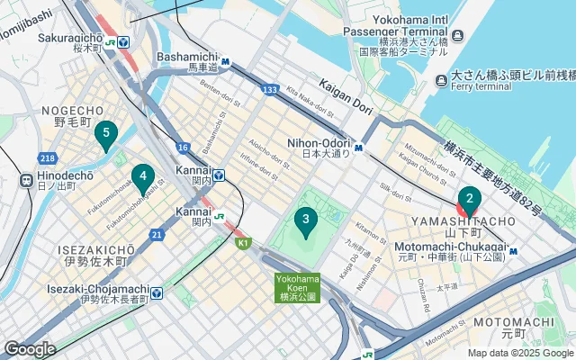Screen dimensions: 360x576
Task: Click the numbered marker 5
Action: coord(106,136)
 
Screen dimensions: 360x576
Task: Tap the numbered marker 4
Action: coord(141,176)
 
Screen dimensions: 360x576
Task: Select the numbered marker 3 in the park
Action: coord(306,219)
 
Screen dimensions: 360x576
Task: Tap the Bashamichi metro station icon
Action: coord(227,62)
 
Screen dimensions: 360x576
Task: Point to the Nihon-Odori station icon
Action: coord(358,148)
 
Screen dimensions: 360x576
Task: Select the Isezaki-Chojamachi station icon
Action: coord(157,292)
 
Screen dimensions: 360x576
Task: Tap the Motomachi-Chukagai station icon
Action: coord(512,251)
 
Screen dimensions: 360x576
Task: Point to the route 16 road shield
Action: coord(183,148)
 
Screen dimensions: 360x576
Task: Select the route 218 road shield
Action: coord(48,157)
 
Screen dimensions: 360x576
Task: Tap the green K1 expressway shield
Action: coord(242,242)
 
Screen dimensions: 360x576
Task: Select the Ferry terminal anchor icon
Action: coord(441,82)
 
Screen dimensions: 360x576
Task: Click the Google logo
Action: coord(29,349)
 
